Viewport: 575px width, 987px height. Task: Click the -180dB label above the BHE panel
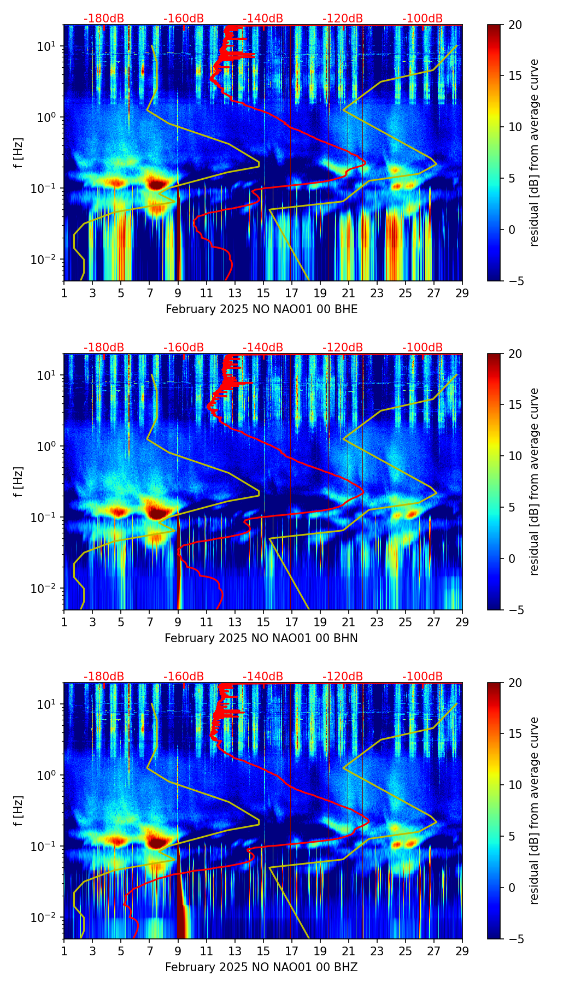click(104, 19)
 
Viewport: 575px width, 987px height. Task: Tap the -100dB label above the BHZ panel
click(423, 677)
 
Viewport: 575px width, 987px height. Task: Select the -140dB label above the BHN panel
click(263, 348)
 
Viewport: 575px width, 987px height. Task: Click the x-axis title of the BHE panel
click(261, 309)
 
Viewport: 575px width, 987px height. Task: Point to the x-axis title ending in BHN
click(261, 638)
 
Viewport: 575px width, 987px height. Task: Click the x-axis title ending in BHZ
click(261, 967)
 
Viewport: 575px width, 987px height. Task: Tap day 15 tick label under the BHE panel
click(263, 293)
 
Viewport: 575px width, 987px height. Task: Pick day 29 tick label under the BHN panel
click(462, 622)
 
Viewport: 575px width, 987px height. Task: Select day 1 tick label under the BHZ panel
click(64, 951)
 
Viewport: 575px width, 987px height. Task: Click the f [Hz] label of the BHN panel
click(18, 481)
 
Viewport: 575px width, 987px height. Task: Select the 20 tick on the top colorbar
click(515, 25)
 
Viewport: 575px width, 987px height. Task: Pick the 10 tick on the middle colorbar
click(515, 456)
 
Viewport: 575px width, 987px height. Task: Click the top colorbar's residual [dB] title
click(535, 152)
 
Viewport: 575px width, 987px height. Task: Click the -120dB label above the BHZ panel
click(343, 677)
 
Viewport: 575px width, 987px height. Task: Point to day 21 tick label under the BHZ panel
click(349, 951)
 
